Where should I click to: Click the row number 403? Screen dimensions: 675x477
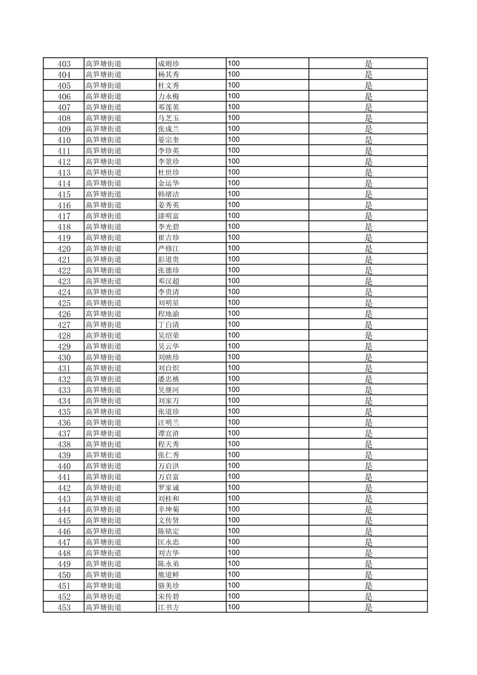coord(64,64)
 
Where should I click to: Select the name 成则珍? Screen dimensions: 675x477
coord(168,64)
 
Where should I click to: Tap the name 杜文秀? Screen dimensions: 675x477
coord(168,86)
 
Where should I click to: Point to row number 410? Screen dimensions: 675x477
coord(64,140)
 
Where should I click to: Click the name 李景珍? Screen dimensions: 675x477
coord(168,162)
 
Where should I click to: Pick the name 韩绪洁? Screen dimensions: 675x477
coord(168,195)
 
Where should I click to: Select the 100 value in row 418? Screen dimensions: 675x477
coord(234,226)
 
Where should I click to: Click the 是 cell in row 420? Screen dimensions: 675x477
coord(368,249)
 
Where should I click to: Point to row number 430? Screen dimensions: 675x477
coord(64,357)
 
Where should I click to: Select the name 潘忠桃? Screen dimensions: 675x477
coord(168,379)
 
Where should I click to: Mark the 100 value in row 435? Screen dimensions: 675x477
coord(234,412)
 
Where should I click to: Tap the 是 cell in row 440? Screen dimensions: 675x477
coord(368,466)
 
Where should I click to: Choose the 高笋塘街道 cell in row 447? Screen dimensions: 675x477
coord(103,542)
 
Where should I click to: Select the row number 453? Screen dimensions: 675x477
coord(64,607)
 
